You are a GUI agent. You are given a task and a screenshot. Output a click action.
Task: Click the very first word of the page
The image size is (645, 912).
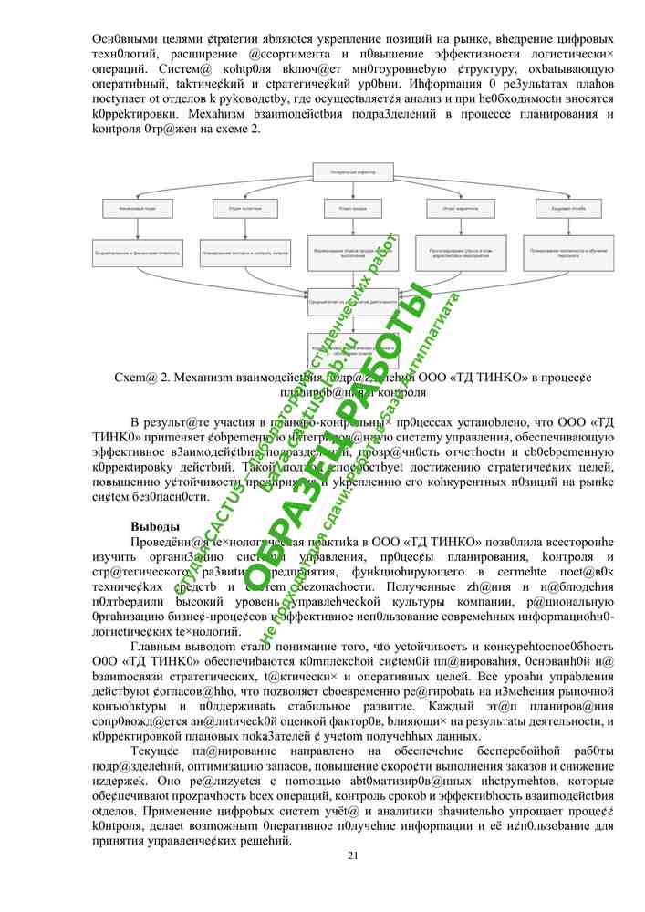[x=117, y=40]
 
